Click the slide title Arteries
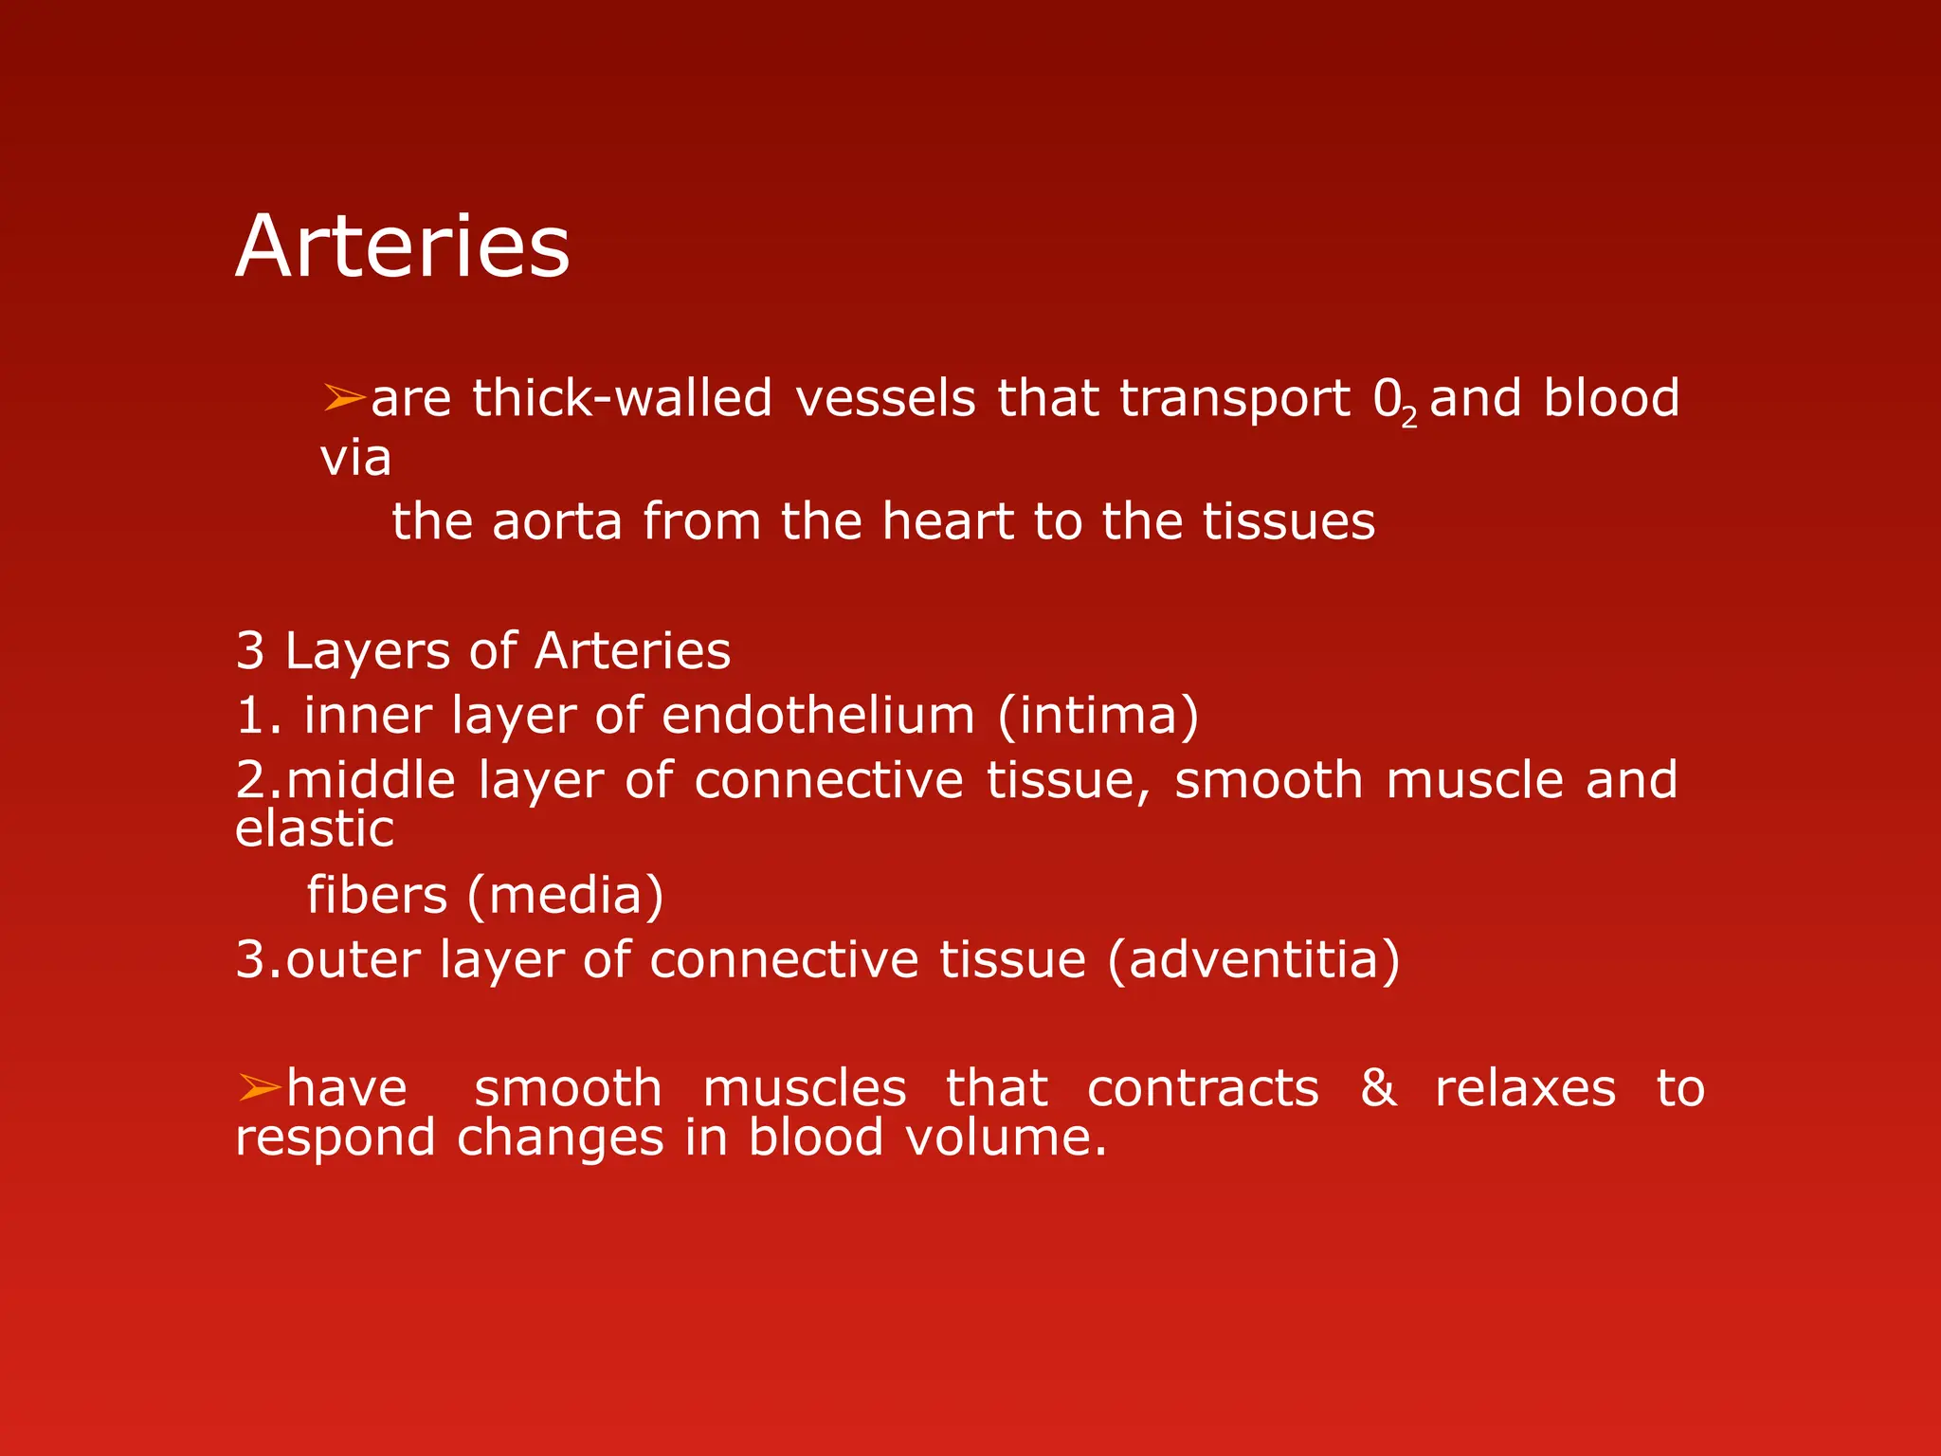(x=402, y=246)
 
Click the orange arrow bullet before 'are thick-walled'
(x=343, y=397)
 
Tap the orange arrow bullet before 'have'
(x=259, y=1087)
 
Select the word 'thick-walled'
(x=622, y=398)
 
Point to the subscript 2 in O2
(x=1409, y=416)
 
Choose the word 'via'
(x=355, y=459)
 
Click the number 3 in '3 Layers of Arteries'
(x=250, y=651)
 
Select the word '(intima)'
(x=1097, y=716)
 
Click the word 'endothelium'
(x=818, y=716)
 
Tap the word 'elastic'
(x=314, y=829)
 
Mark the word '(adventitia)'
(x=1253, y=960)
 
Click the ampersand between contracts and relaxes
(x=1377, y=1087)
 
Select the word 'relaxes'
(x=1524, y=1088)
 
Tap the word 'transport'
(x=1234, y=399)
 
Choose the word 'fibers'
(x=376, y=896)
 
